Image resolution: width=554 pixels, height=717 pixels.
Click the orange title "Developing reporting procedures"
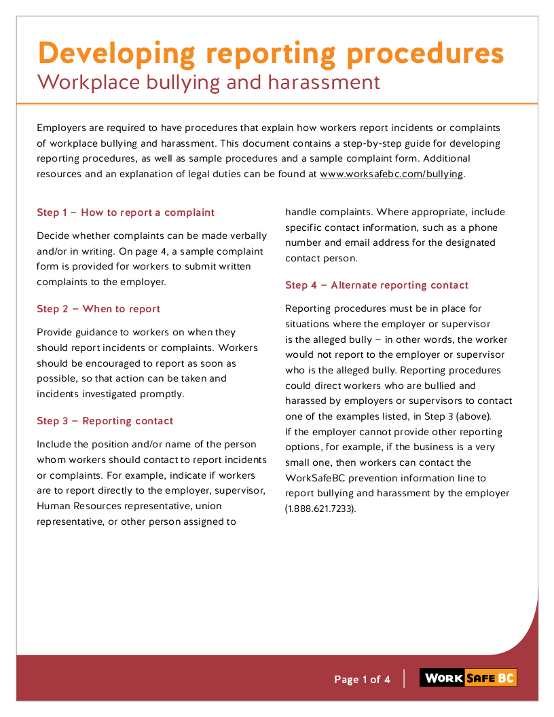pos(270,54)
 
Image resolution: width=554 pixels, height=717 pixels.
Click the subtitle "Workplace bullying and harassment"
pos(208,83)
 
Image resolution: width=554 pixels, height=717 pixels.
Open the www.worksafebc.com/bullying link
pos(392,174)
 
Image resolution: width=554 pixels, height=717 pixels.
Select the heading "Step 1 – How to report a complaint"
pos(126,213)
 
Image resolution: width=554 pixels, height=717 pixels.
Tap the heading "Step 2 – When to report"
pos(98,309)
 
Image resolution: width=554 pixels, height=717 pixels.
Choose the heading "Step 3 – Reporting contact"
pos(105,421)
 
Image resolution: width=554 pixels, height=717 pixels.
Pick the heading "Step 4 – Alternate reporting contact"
pos(377,285)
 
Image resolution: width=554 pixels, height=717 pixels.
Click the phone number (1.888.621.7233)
pos(320,509)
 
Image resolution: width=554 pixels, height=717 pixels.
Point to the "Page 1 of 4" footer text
pos(362,680)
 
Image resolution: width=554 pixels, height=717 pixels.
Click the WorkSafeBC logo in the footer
pos(468,678)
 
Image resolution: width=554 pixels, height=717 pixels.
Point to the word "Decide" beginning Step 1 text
pos(52,236)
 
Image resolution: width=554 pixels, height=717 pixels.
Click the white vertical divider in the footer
pos(404,679)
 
